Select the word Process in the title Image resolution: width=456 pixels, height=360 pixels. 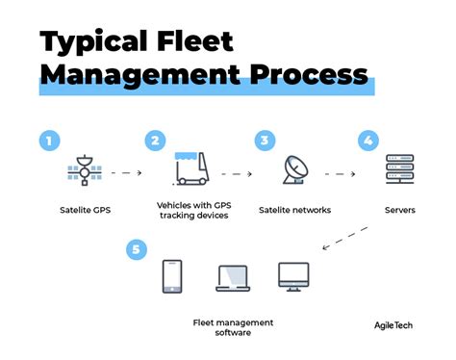(307, 76)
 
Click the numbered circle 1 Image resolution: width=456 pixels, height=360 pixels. (50, 141)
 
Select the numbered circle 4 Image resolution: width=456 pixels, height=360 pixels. (368, 141)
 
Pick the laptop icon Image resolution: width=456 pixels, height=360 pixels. (232, 277)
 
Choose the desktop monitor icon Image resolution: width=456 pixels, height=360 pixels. (292, 276)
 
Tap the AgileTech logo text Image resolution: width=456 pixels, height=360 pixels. (396, 324)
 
